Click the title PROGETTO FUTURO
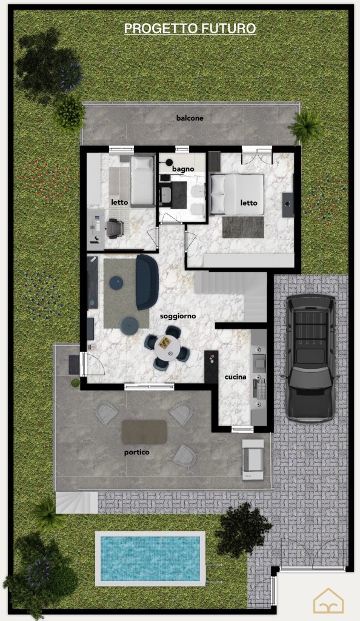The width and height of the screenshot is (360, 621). [190, 29]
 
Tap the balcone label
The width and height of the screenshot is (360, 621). [190, 118]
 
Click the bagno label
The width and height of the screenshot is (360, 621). [183, 169]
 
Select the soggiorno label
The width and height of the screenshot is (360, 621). [178, 316]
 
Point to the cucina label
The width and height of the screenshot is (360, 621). [235, 377]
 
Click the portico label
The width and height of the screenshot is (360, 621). [137, 452]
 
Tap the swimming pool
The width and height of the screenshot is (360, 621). [150, 559]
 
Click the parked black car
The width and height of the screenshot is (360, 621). [311, 358]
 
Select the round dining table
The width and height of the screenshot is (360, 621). [167, 347]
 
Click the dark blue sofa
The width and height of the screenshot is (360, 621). [147, 282]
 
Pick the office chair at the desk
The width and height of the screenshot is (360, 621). [115, 228]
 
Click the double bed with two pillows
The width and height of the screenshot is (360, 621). [236, 194]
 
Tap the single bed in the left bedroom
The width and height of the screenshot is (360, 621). [142, 181]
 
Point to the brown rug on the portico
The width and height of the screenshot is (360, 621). [144, 432]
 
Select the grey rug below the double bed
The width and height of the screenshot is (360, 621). [243, 227]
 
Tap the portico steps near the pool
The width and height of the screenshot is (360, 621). [76, 503]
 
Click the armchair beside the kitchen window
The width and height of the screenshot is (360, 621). [253, 460]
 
